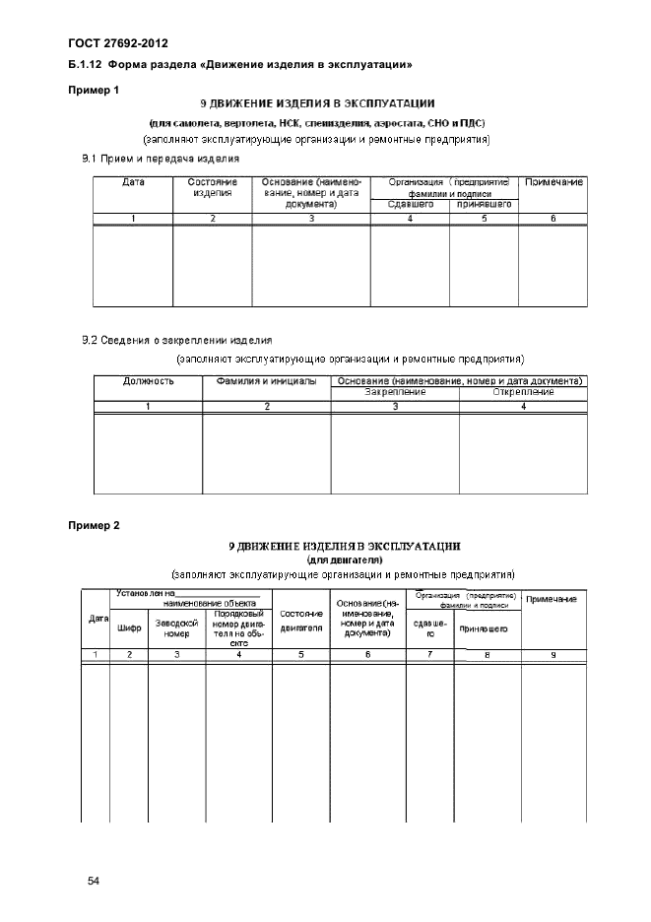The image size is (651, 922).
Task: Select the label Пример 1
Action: [94, 90]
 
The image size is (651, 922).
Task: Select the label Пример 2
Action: [94, 525]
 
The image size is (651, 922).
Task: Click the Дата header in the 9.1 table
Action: [132, 183]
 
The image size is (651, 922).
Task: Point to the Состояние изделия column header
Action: [212, 188]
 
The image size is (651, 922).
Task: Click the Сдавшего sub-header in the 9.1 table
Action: [409, 205]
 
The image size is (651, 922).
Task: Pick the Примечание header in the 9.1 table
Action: [554, 183]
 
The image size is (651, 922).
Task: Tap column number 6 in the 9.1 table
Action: [554, 219]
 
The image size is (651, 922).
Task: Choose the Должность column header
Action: [148, 381]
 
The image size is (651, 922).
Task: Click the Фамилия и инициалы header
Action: [266, 381]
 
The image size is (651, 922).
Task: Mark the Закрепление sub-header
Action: [395, 392]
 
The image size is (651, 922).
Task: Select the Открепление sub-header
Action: [523, 392]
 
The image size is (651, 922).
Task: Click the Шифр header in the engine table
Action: [129, 626]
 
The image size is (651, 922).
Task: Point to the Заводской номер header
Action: [176, 626]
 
